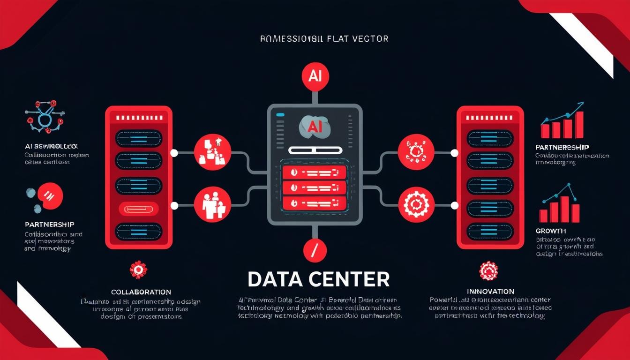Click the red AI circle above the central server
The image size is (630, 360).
[315, 76]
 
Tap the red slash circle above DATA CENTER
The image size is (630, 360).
[315, 249]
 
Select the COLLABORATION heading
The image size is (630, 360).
[141, 292]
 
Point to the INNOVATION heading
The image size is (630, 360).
[490, 292]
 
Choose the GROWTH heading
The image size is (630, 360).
[550, 231]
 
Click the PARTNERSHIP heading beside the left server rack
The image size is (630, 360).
[49, 225]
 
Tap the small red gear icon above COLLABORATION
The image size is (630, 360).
[138, 270]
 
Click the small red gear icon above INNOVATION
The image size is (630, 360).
[488, 270]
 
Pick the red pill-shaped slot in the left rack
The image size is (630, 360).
[138, 209]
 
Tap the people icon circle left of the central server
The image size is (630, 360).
[212, 204]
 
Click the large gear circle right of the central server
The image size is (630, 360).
[416, 204]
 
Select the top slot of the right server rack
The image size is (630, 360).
[490, 138]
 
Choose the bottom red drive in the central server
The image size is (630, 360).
[315, 203]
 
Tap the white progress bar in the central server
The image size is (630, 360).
[315, 150]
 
